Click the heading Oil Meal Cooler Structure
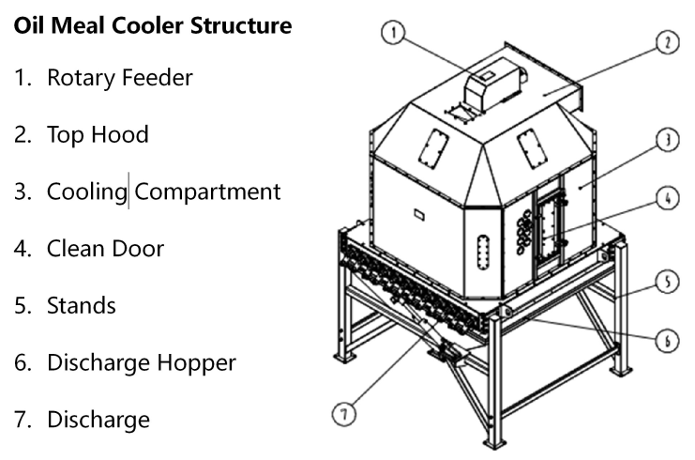[153, 26]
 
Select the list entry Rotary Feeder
[120, 78]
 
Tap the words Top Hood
[98, 134]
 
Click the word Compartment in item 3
[207, 192]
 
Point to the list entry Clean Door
[105, 249]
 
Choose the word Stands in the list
[82, 306]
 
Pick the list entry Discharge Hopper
[141, 362]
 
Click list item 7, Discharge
[98, 419]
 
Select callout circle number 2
[665, 42]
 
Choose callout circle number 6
[665, 341]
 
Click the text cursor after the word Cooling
[128, 192]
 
